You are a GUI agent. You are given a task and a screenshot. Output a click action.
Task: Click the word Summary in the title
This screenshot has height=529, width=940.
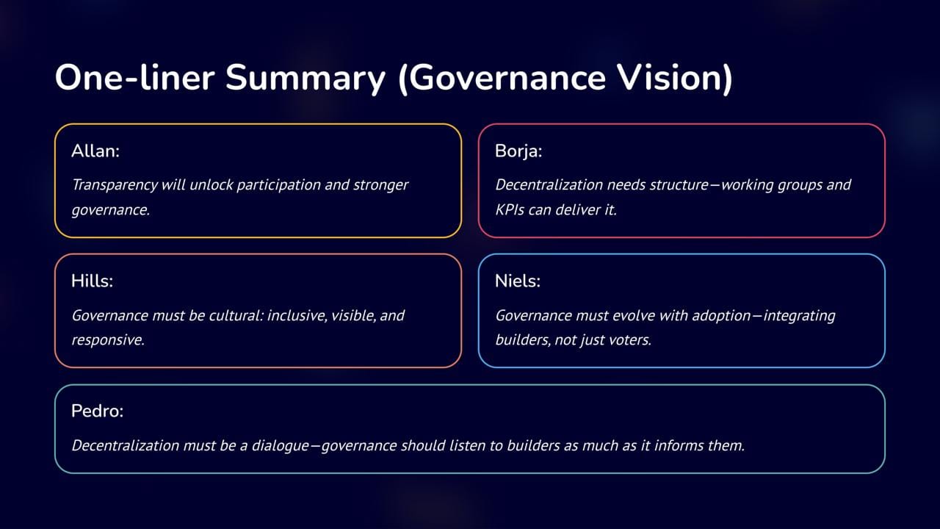(305, 79)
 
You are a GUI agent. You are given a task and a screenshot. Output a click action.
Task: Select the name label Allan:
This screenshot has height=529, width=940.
(95, 151)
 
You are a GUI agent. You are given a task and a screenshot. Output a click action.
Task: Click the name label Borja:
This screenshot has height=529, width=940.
(518, 151)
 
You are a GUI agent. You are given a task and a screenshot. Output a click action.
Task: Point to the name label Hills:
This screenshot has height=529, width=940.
(92, 281)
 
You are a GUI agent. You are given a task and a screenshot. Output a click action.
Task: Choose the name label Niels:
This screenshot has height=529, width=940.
(518, 281)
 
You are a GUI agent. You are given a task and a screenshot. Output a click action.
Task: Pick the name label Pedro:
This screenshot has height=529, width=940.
(98, 411)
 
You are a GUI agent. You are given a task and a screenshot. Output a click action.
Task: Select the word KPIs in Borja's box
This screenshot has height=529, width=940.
(510, 209)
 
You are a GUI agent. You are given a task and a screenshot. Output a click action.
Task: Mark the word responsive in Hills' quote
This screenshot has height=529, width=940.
(108, 340)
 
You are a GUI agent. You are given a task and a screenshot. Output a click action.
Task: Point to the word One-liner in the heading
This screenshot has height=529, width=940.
(134, 78)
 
